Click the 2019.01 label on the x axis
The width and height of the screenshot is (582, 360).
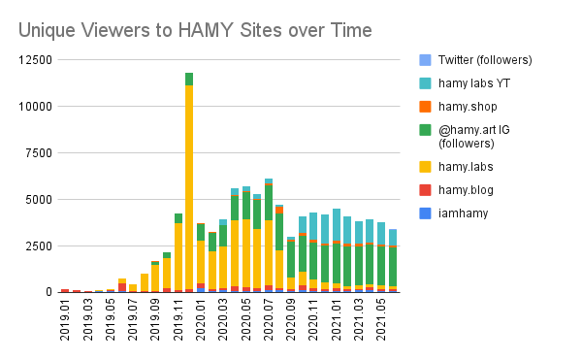click(x=65, y=321)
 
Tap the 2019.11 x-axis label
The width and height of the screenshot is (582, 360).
click(x=178, y=321)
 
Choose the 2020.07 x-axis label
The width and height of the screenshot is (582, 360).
click(x=269, y=321)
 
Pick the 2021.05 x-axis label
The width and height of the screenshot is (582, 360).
click(x=381, y=321)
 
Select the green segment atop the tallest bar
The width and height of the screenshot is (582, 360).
click(x=189, y=79)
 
